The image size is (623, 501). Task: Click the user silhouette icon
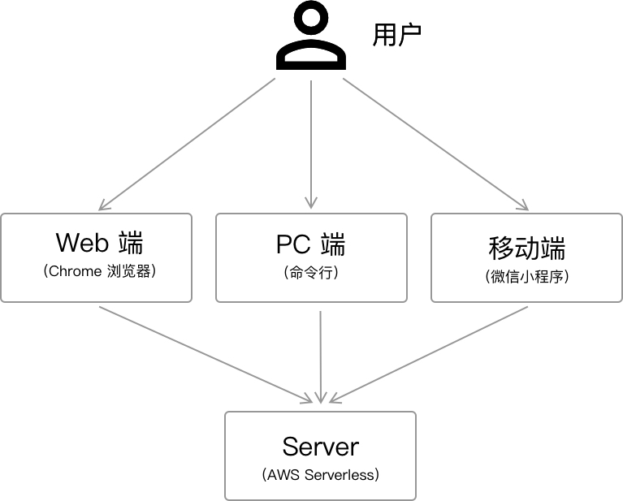coord(311,38)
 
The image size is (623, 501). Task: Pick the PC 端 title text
coord(311,243)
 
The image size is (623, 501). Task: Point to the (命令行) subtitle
coord(311,273)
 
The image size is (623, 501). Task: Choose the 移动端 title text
coord(526,247)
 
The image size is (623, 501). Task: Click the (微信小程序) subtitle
coord(526,276)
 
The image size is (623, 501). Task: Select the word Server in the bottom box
coord(320,446)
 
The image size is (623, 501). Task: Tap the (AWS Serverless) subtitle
coord(320,475)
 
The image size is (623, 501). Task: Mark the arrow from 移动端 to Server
coord(430,353)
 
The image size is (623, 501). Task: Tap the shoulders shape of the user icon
coord(311,56)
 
